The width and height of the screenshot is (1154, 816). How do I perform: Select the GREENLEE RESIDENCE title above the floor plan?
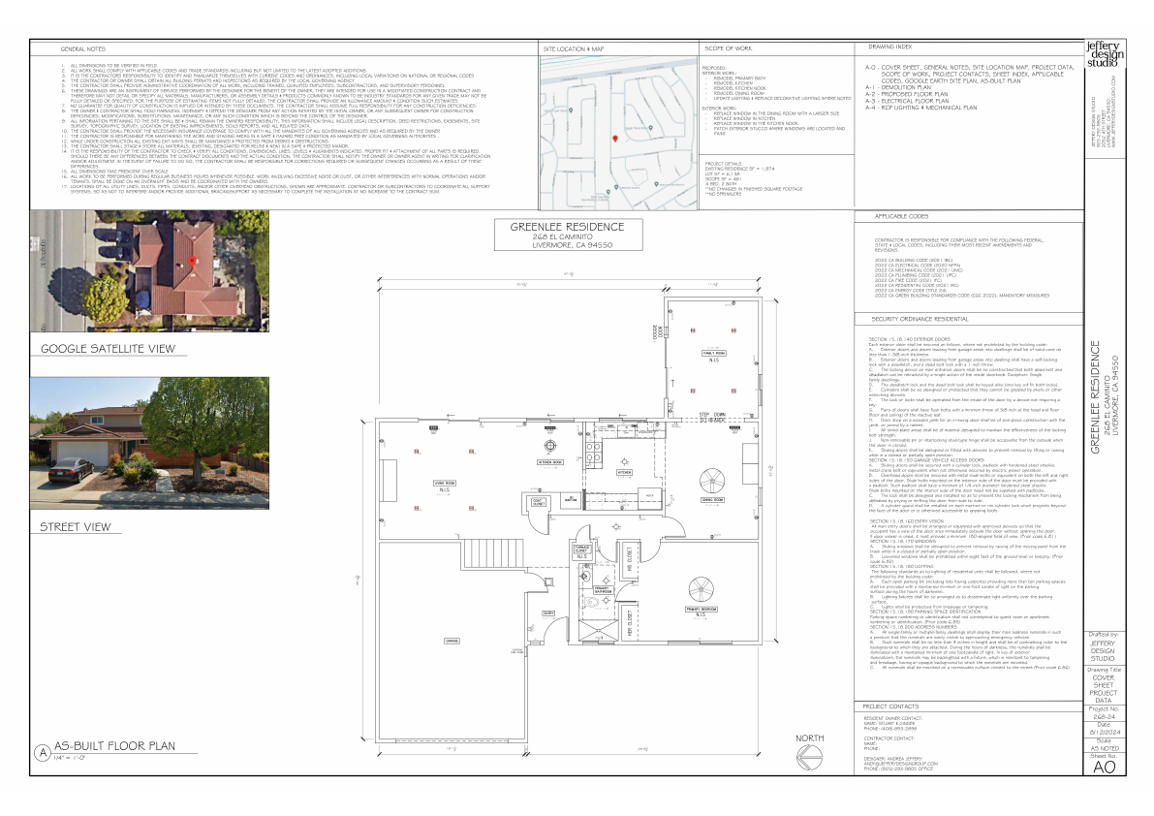click(x=574, y=227)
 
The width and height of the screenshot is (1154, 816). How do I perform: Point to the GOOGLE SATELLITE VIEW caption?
click(x=107, y=348)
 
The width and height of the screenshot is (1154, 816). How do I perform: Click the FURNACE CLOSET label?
click(x=582, y=551)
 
